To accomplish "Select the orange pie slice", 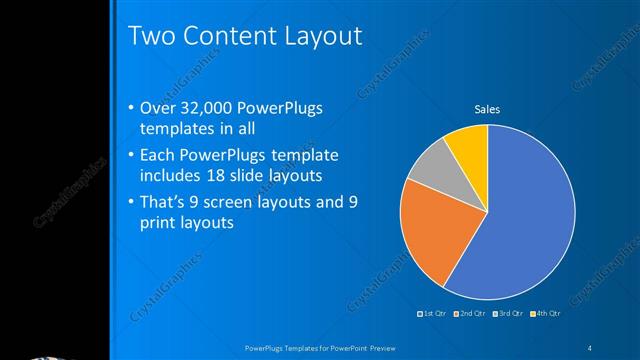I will [x=430, y=235].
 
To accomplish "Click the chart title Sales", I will [x=487, y=109].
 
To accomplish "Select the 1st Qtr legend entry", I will [x=434, y=315].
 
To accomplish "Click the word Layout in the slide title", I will [x=314, y=38].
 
